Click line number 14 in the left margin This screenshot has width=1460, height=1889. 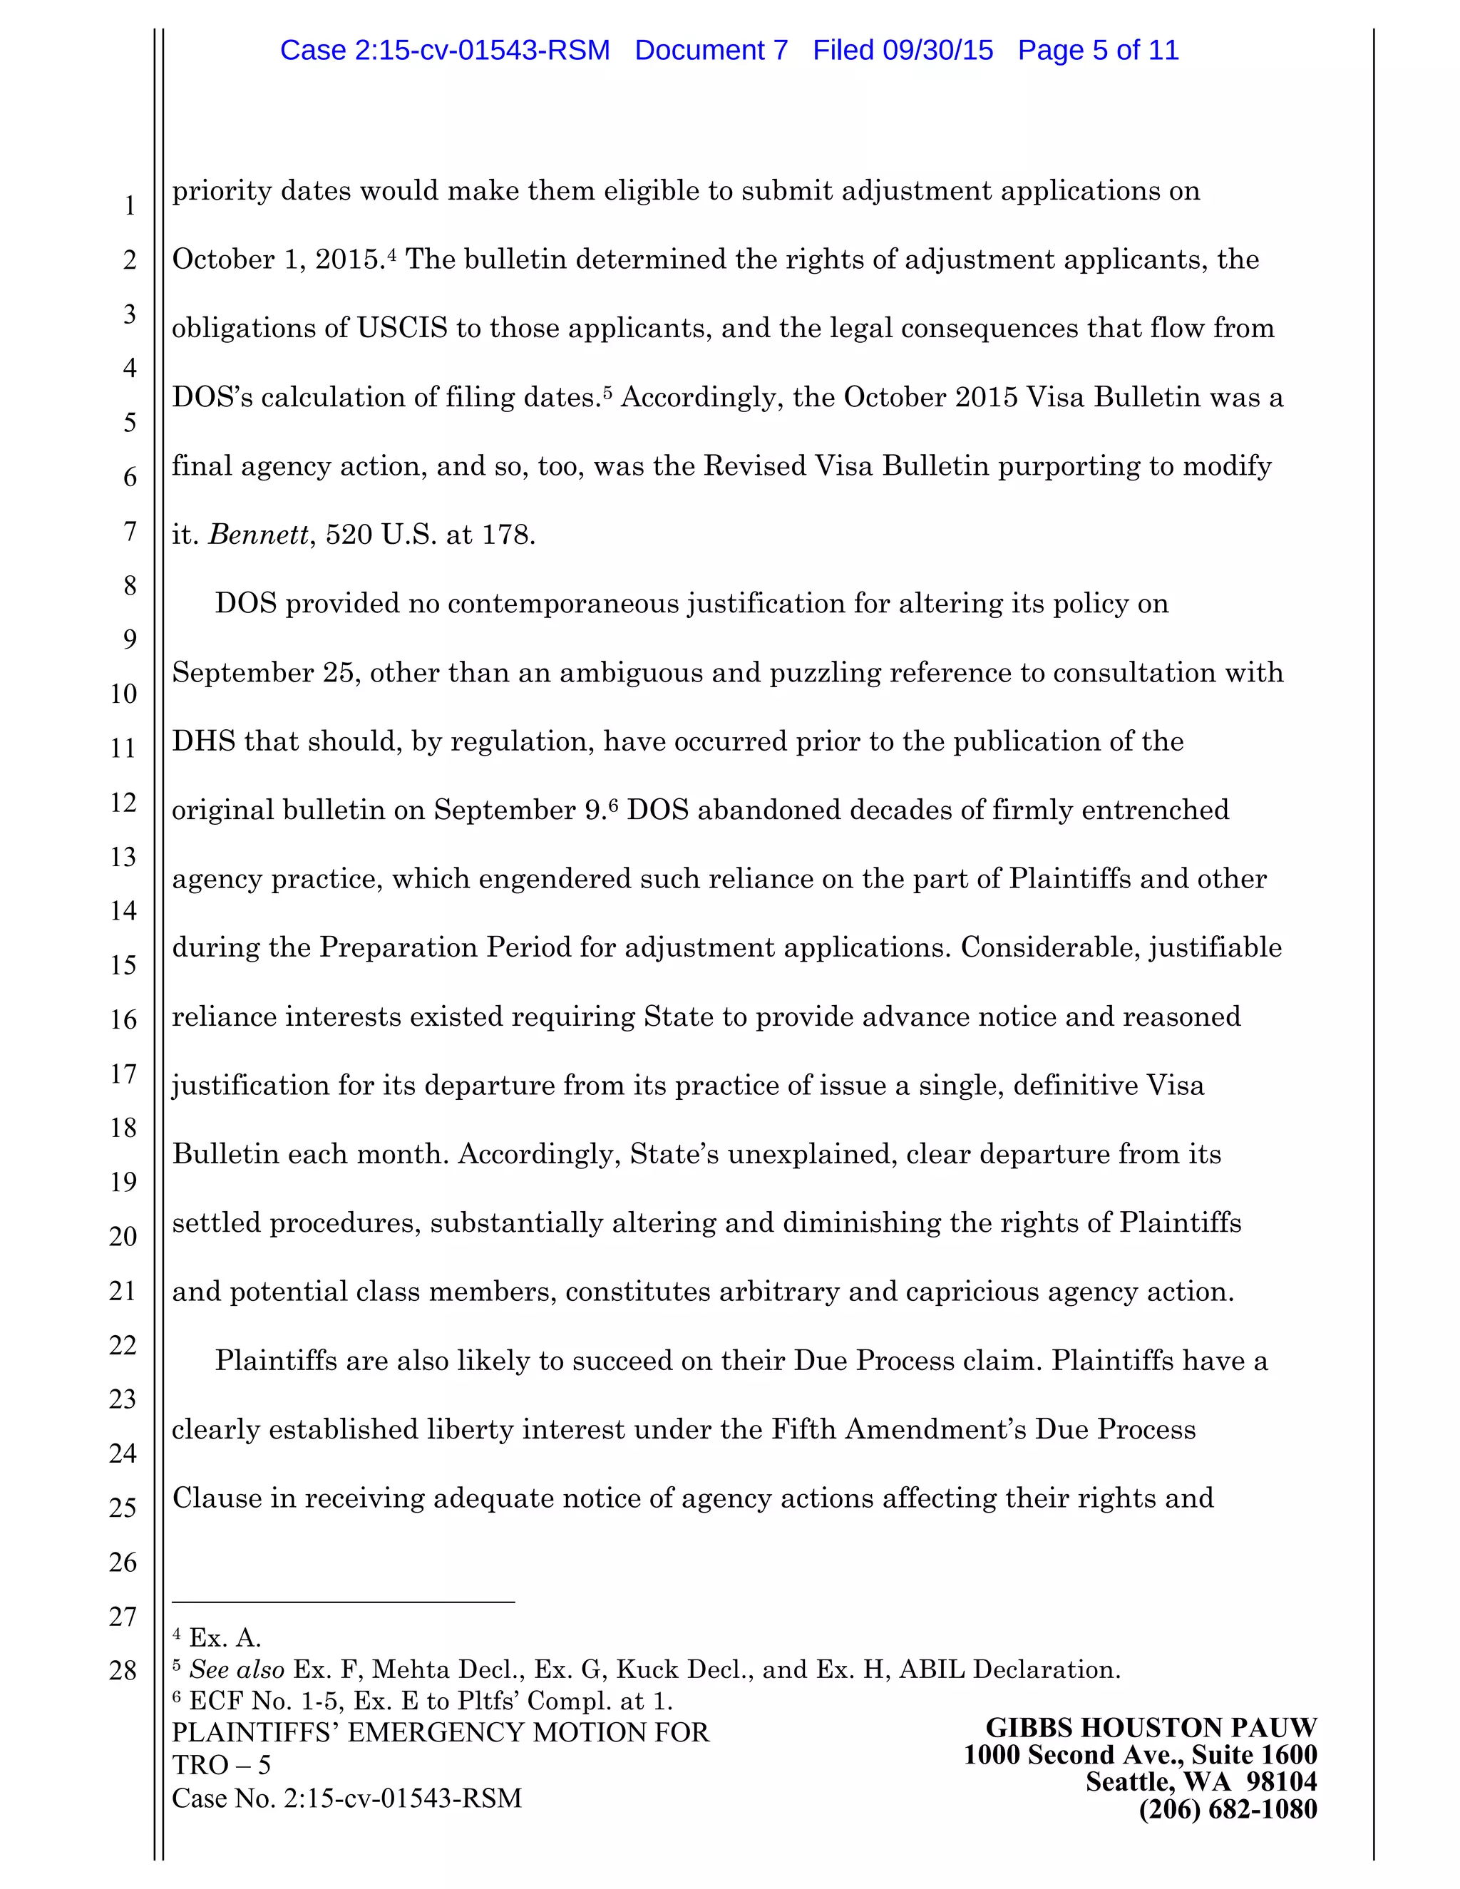[123, 911]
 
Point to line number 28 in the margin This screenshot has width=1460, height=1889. [123, 1670]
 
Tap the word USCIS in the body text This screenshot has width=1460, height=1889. [402, 328]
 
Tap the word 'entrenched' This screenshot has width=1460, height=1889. [1160, 810]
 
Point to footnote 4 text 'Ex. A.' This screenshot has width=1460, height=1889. [224, 1638]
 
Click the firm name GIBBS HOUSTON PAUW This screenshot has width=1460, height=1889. [1151, 1728]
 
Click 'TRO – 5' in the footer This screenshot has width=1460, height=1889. [222, 1764]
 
